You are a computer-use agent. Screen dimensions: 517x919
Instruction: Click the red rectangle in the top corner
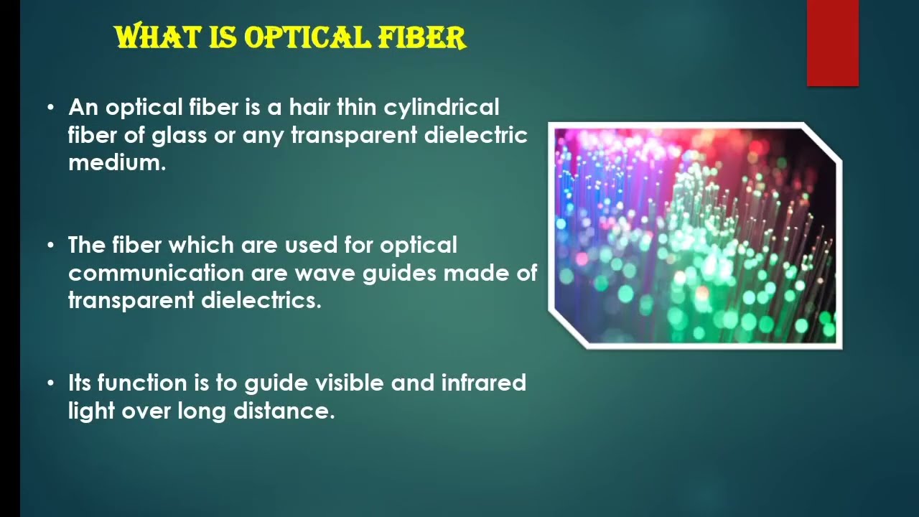(x=832, y=42)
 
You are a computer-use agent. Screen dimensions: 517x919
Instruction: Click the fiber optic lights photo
(x=695, y=236)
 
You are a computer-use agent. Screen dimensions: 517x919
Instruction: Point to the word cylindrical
(x=442, y=108)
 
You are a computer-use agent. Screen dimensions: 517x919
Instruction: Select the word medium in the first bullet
(x=116, y=162)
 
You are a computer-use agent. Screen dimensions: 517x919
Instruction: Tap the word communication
(x=156, y=273)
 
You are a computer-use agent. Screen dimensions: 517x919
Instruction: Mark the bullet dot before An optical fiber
(x=50, y=108)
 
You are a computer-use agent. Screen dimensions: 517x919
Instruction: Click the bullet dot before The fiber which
(x=50, y=246)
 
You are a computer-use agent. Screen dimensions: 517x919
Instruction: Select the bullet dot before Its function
(x=50, y=383)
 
